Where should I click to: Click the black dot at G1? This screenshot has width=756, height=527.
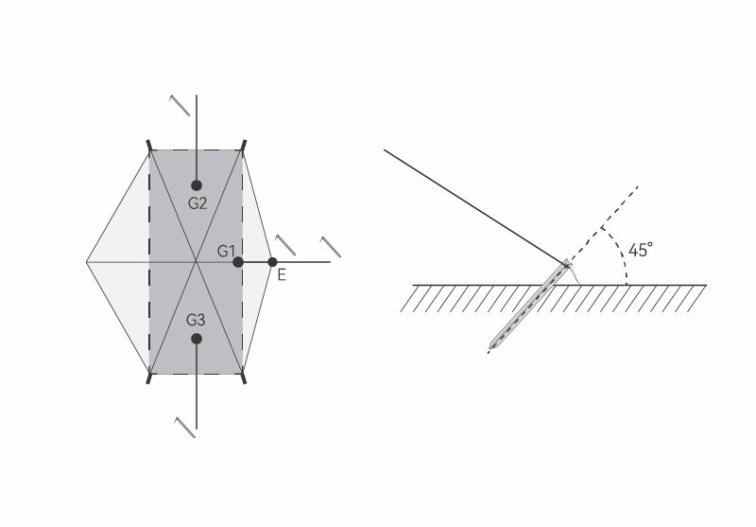[238, 262]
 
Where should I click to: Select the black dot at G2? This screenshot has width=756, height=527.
[197, 185]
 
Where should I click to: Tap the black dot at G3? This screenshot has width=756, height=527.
[197, 339]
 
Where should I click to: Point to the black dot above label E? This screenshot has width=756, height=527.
[272, 262]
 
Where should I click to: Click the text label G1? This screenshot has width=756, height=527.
[224, 251]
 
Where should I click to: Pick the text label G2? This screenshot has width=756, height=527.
[197, 202]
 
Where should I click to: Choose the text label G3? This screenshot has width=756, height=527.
[197, 320]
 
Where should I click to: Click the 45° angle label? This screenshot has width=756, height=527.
[640, 250]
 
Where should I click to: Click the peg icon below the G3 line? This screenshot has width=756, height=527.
[185, 427]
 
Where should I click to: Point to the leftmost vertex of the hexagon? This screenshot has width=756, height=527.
[86, 262]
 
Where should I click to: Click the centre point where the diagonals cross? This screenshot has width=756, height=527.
[197, 262]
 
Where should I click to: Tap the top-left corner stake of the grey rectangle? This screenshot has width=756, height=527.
[149, 147]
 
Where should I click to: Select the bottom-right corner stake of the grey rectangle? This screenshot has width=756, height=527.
[244, 377]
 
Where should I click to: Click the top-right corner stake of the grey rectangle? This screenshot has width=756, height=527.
[244, 147]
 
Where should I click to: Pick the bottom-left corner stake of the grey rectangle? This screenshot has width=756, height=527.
[149, 377]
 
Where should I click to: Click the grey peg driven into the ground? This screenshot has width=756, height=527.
[529, 305]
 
